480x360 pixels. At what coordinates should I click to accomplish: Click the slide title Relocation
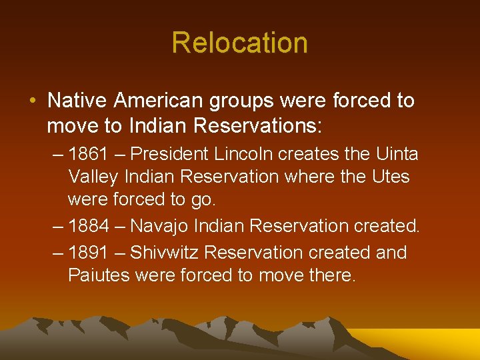239,43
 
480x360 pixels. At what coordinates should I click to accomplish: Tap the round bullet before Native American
33,101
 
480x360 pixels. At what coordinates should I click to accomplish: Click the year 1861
89,155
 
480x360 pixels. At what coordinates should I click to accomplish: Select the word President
171,155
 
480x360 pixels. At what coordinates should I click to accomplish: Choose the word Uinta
397,155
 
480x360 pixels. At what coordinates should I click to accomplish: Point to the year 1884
89,227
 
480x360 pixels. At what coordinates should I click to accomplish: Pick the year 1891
89,253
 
